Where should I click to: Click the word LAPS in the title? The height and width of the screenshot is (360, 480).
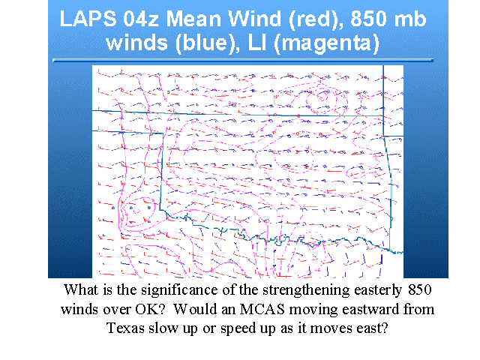click(88, 19)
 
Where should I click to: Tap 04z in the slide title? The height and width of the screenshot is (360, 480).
click(141, 19)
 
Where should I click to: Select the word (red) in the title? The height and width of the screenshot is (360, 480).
click(315, 19)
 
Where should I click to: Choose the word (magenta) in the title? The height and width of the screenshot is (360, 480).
click(327, 43)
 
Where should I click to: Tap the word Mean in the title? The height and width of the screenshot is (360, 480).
click(193, 19)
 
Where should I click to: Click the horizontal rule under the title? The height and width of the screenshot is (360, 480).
click(243, 61)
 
